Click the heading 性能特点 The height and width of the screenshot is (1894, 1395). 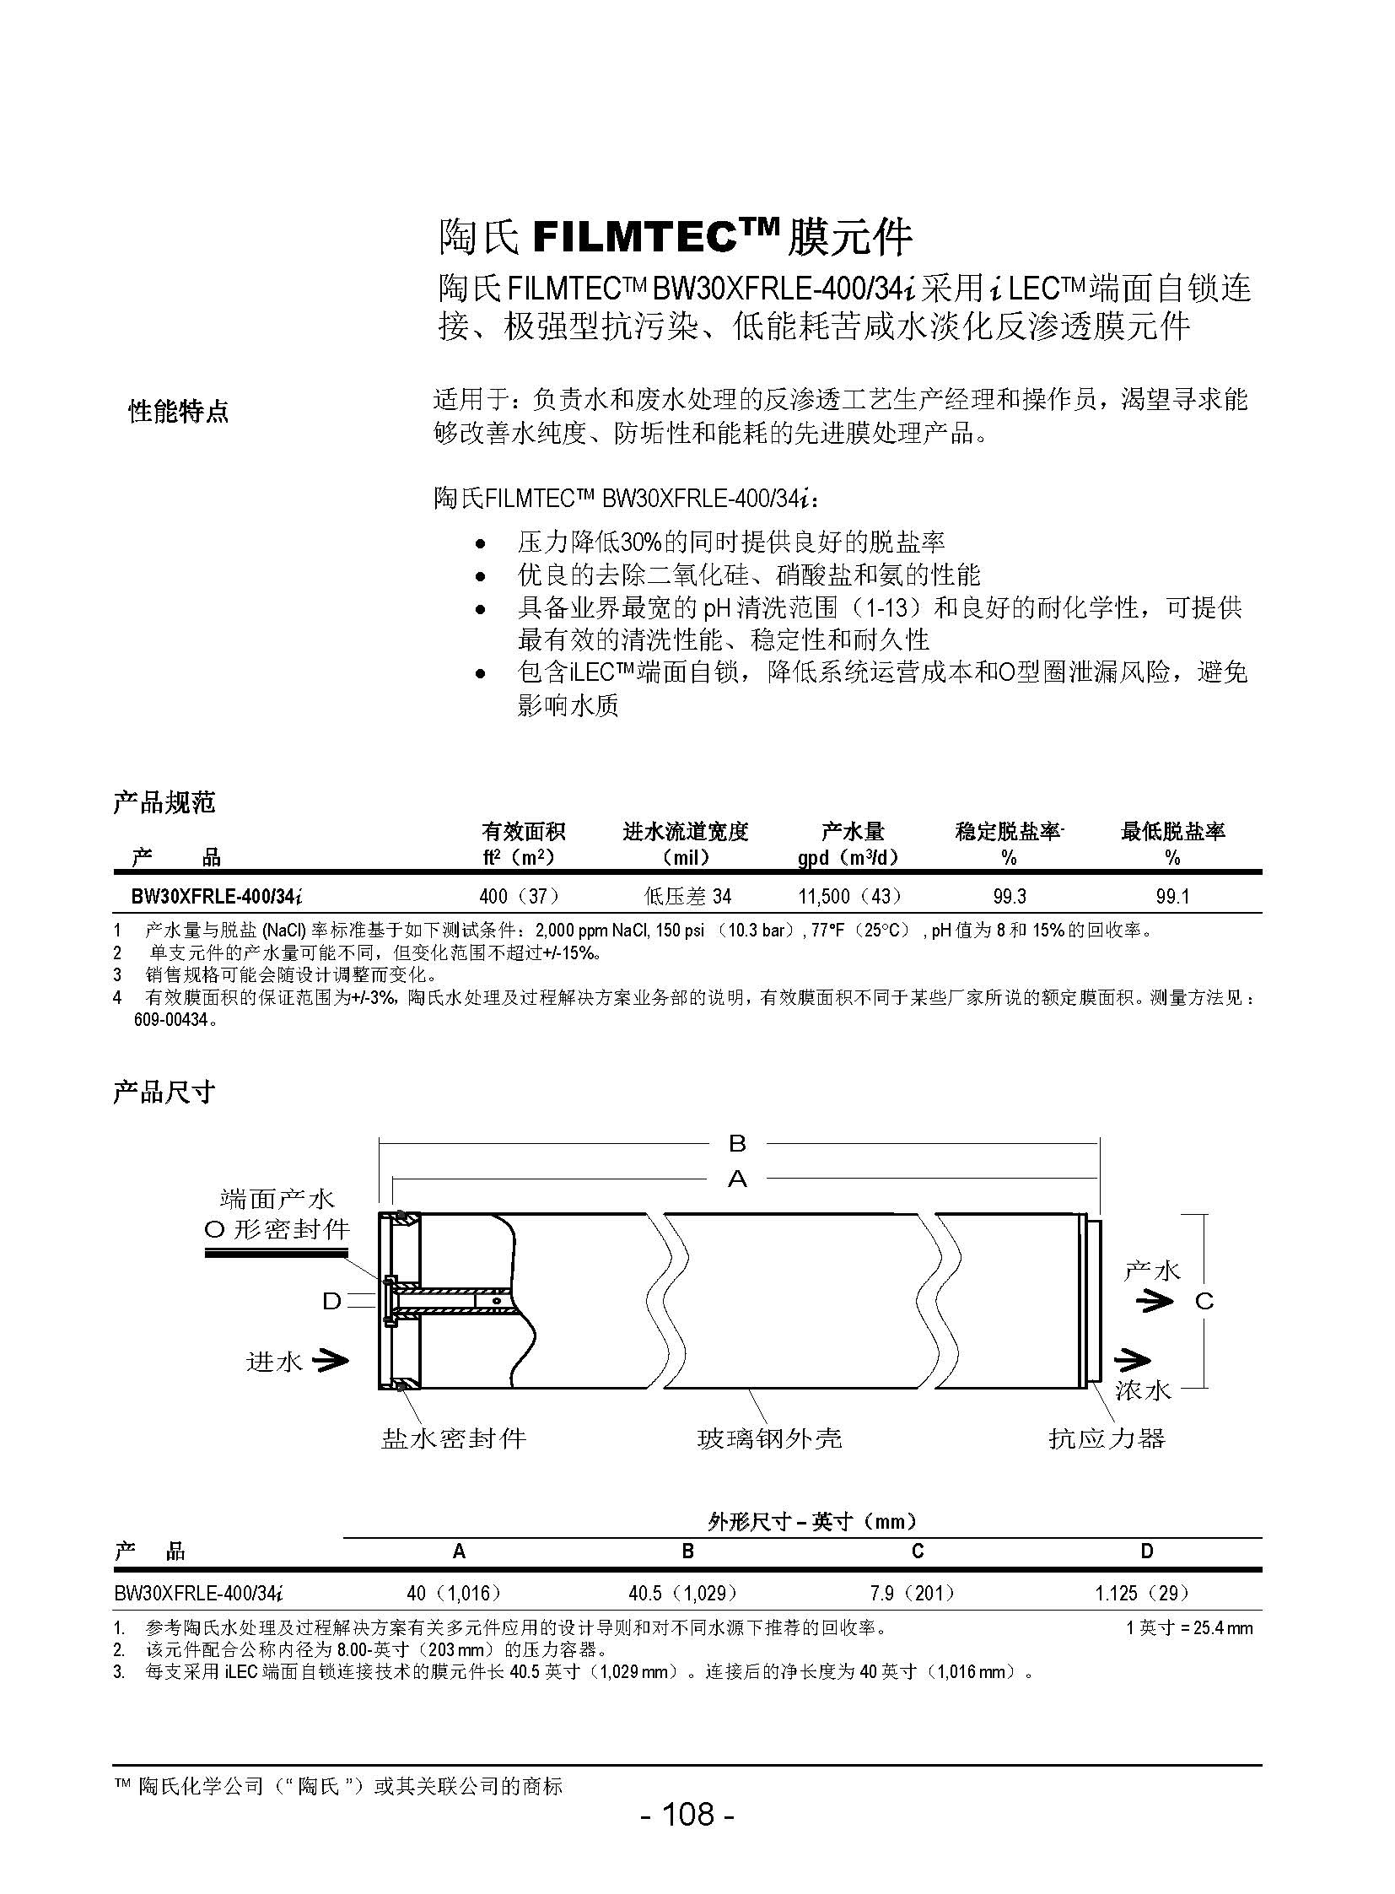click(x=179, y=413)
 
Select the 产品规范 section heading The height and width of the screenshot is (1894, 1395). click(x=164, y=802)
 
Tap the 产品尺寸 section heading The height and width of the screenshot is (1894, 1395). click(x=164, y=1093)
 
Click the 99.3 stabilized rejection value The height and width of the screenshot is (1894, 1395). click(x=1009, y=896)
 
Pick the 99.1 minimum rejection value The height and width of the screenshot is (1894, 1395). click(x=1172, y=896)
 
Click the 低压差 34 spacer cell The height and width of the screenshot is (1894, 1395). click(x=687, y=896)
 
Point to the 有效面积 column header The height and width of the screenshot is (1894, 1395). click(x=524, y=832)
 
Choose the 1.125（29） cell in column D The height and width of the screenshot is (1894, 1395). click(x=1144, y=1593)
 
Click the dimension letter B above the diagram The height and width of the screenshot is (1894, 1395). click(x=737, y=1144)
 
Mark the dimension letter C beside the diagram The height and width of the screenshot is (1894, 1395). click(x=1204, y=1301)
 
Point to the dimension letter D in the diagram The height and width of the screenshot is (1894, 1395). click(x=331, y=1302)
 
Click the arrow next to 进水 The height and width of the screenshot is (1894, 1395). click(x=331, y=1360)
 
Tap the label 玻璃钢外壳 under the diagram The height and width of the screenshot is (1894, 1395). click(x=769, y=1438)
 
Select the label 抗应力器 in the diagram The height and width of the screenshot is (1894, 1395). click(x=1107, y=1438)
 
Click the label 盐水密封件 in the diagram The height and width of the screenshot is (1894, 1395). click(x=455, y=1438)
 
